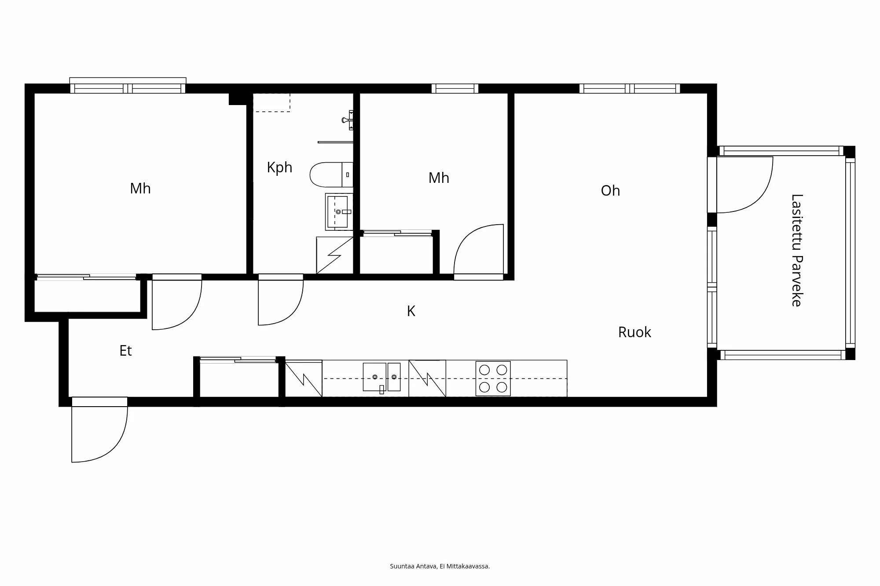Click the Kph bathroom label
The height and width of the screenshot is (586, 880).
coord(279,167)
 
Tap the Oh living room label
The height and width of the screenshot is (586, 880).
coord(610,191)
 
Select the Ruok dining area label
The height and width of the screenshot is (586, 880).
coord(634,332)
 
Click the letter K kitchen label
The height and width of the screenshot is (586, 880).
coord(411,311)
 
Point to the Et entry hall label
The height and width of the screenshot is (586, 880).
coord(125,351)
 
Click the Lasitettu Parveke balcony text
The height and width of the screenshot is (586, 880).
coord(797,250)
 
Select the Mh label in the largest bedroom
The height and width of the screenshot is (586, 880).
coord(140,189)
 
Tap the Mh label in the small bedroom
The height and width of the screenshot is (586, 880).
coord(439,178)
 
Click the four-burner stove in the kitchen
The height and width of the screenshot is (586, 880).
coord(493,379)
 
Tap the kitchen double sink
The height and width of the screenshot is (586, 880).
coord(381,377)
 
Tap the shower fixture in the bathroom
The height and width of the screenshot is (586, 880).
coord(348,120)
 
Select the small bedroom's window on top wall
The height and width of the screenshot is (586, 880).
coord(455,88)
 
